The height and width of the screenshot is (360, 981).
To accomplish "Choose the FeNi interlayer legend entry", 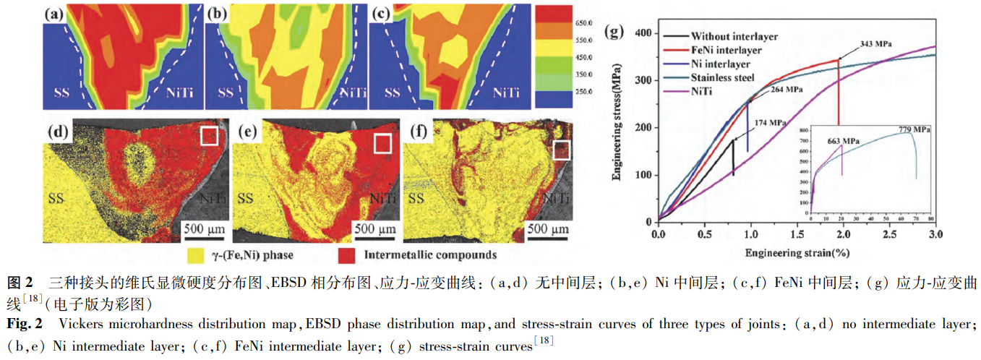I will pyautogui.click(x=726, y=51).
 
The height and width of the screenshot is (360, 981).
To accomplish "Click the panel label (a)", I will pyautogui.click(x=53, y=13).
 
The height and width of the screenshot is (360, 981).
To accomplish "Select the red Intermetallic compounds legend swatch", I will pyautogui.click(x=347, y=255).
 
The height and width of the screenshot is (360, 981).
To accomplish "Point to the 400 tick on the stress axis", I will pyautogui.click(x=642, y=33).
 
